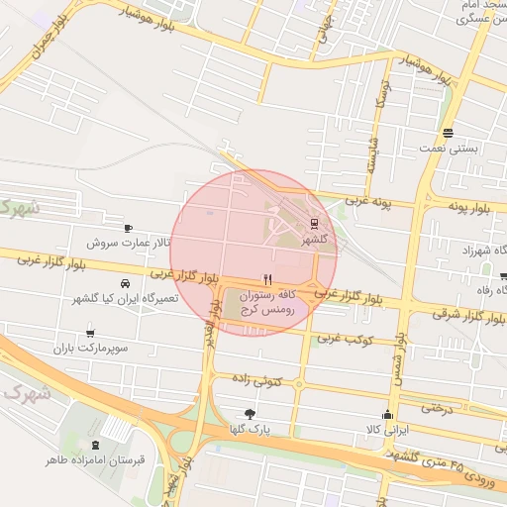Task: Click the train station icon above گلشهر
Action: (314, 223)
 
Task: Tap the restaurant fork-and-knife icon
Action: (266, 280)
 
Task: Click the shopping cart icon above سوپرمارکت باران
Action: (91, 334)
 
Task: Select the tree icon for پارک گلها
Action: (249, 414)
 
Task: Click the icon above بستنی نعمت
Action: (448, 133)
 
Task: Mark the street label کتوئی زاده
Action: (256, 379)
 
